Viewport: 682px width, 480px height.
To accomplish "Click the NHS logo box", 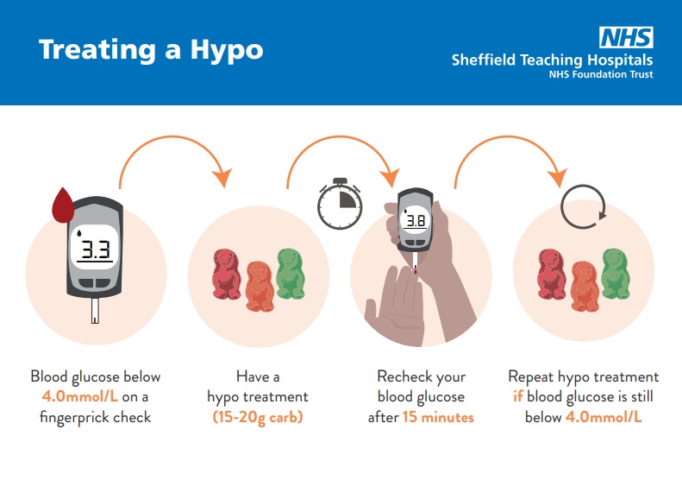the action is [626, 37].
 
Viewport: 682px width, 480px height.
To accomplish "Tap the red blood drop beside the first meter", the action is [63, 205].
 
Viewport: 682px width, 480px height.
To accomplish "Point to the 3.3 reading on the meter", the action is [95, 249].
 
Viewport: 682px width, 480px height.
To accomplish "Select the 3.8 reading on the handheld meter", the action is [416, 221].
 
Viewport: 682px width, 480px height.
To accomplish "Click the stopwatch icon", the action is [340, 204].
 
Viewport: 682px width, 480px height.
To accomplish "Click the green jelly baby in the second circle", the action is [290, 274].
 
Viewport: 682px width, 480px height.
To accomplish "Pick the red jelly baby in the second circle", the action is [226, 274].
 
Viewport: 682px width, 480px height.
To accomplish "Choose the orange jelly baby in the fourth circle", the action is [585, 286].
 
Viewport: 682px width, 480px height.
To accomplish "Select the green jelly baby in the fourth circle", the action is [616, 274].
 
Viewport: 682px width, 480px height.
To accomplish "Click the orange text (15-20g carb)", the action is [258, 417].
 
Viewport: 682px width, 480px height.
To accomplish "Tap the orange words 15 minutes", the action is [438, 417].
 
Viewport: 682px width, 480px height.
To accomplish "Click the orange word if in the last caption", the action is [517, 396].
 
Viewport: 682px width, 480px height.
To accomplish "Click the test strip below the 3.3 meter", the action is [95, 311].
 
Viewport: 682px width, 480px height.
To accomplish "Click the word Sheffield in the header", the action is [483, 60].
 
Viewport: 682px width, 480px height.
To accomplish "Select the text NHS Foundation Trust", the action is [601, 74].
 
